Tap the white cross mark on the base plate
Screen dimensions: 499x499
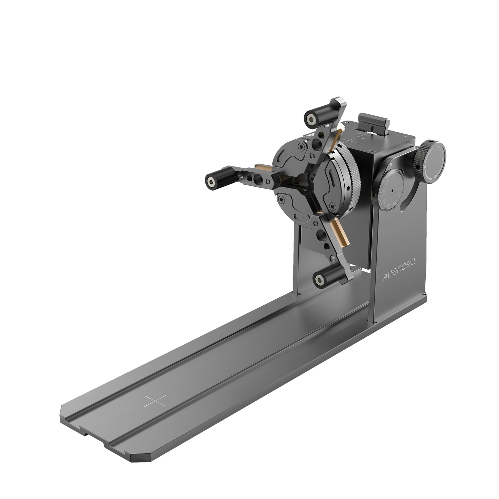[155, 401]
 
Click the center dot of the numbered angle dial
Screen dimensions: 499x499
[392, 190]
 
